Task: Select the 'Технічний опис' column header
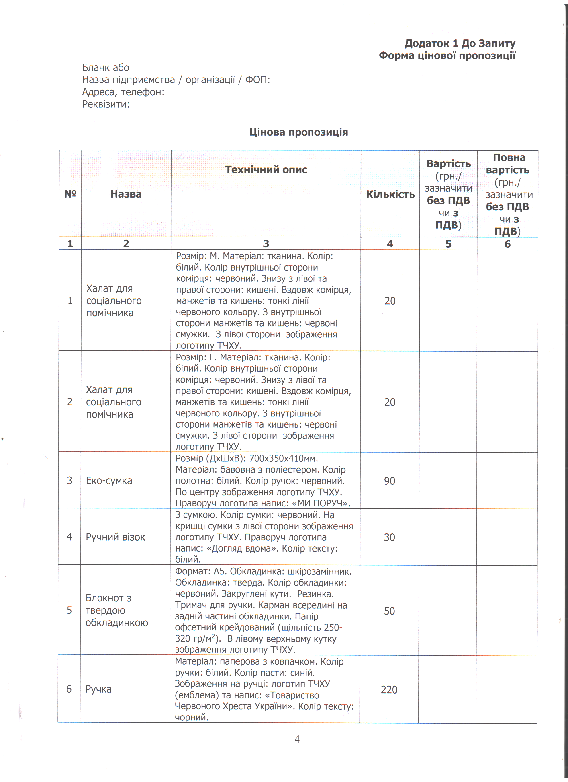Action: (x=266, y=169)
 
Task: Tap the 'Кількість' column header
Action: (x=390, y=194)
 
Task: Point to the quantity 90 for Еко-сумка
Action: (x=390, y=481)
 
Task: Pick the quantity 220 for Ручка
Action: (x=389, y=689)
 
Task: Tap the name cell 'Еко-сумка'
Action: (x=109, y=481)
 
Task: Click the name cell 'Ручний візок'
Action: (x=115, y=537)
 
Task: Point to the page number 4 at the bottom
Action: (x=297, y=739)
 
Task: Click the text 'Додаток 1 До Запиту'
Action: (x=460, y=43)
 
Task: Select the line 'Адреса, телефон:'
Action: (x=123, y=92)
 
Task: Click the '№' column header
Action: (x=70, y=194)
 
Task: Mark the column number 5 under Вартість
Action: (x=448, y=244)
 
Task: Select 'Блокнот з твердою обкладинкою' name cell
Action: (x=116, y=610)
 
